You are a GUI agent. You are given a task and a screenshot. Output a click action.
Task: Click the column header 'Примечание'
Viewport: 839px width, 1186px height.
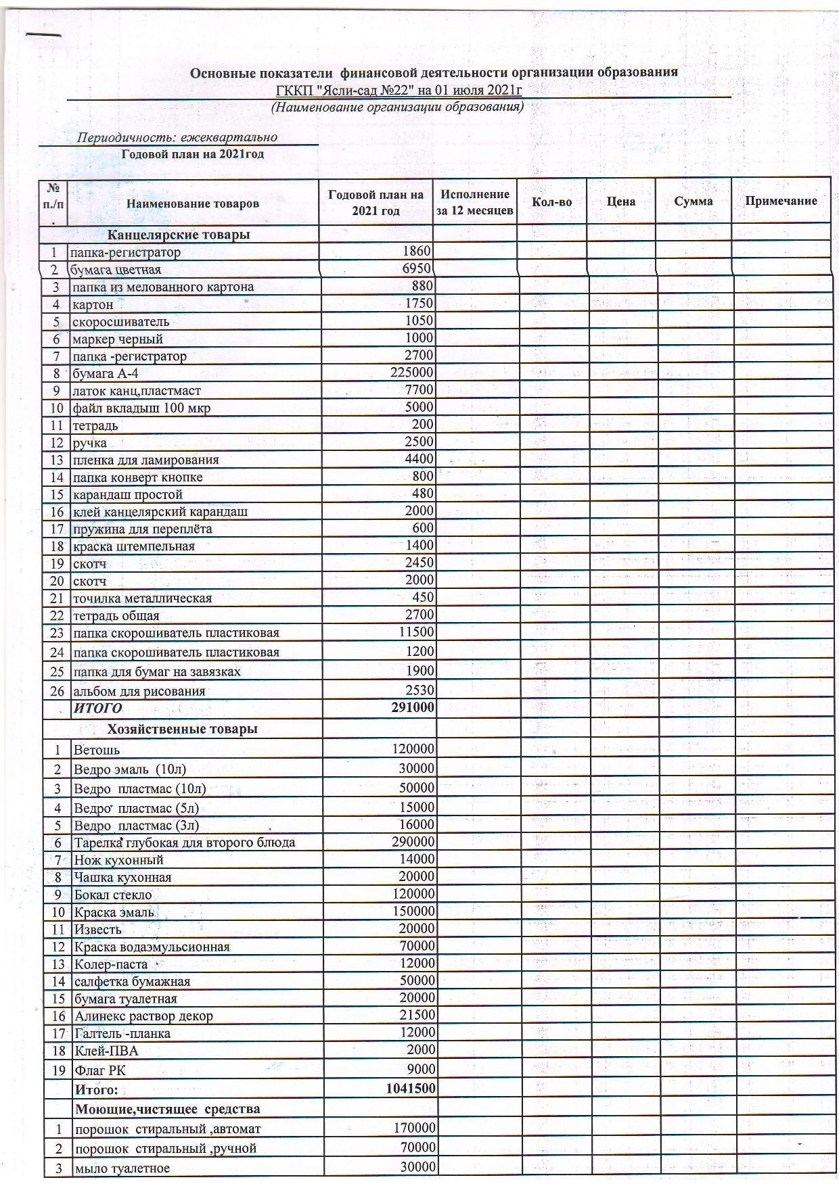[781, 201]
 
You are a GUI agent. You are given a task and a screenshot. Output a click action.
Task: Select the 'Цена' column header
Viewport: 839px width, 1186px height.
[620, 201]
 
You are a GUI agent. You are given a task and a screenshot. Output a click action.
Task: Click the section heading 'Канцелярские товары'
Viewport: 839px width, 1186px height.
[179, 235]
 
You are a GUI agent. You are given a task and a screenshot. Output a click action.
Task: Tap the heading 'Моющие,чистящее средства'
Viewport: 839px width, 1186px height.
[167, 1109]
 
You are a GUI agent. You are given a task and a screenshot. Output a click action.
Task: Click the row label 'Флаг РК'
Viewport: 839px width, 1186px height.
[100, 1070]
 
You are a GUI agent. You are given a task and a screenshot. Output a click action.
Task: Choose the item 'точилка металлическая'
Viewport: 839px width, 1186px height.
[142, 598]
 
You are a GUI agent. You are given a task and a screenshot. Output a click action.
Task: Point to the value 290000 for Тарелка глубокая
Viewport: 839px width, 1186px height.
[413, 842]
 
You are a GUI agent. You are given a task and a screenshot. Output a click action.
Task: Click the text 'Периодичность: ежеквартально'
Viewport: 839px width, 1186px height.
[177, 137]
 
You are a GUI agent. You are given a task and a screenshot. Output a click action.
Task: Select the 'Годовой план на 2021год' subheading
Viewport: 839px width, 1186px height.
[192, 154]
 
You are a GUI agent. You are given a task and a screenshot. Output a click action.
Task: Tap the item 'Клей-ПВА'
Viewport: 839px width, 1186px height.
[106, 1051]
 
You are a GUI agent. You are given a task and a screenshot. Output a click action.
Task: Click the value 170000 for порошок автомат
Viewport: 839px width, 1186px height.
[414, 1128]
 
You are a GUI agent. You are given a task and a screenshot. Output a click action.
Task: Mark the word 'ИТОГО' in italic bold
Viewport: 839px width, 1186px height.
[98, 708]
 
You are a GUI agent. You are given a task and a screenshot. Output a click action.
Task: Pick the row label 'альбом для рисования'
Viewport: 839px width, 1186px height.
[139, 691]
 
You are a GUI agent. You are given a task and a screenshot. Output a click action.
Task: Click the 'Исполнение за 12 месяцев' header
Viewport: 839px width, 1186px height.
[474, 202]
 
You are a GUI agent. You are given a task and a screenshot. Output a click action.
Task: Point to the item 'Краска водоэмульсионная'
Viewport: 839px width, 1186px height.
[152, 947]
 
